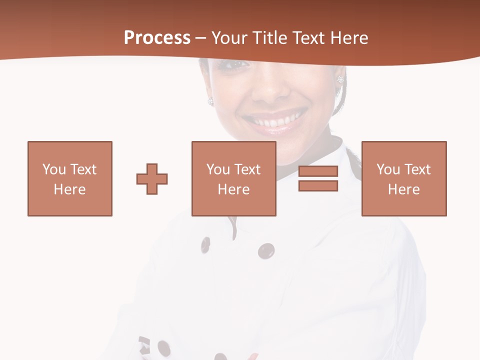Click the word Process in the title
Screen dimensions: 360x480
(x=157, y=38)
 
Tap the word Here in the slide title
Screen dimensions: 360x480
(x=349, y=38)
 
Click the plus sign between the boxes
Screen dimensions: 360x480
(x=152, y=178)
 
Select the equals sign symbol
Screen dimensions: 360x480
(x=318, y=178)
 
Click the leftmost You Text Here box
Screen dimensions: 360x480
(x=69, y=178)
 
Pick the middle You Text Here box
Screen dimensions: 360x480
(x=233, y=178)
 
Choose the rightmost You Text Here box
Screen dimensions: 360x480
(x=403, y=178)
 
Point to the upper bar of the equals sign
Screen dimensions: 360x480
(x=318, y=171)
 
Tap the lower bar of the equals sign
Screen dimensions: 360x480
(x=318, y=185)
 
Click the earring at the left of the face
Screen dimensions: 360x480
(x=210, y=101)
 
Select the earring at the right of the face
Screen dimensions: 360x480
(x=341, y=79)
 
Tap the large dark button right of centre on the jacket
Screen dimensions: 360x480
(x=266, y=250)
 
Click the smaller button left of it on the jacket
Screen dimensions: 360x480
(x=205, y=245)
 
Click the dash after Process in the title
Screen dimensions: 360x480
(x=201, y=38)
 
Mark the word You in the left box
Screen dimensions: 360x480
(x=54, y=169)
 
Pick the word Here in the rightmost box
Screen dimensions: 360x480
(x=403, y=189)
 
